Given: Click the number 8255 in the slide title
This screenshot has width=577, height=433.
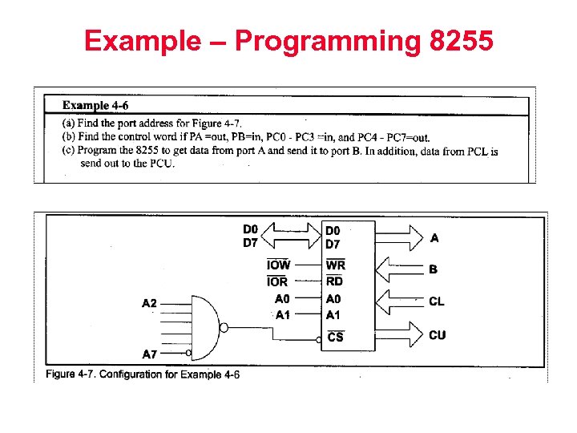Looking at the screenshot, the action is pos(456,40).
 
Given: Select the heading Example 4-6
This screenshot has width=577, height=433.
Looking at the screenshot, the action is pos(96,105).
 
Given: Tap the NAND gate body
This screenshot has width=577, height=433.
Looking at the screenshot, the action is pos(205,327).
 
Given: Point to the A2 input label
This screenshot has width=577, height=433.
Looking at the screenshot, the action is pos(149,303).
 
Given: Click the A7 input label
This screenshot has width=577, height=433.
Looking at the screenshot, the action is pos(149,354).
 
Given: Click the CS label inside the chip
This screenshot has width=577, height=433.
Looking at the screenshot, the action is pos(335,337).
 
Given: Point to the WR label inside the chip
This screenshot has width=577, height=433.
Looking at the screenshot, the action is pos(335,265).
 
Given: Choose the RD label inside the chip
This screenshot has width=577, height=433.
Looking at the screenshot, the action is pos(334,281).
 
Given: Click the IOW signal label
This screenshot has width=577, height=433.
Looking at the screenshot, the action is pos(278,265).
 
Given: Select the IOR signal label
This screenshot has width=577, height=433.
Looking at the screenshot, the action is pos(277,281).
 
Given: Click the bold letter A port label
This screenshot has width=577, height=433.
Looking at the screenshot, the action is pos(434,237).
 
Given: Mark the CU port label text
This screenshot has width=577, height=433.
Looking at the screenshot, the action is pos(438,334).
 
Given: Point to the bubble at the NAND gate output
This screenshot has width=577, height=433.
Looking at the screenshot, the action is pos(225,327).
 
